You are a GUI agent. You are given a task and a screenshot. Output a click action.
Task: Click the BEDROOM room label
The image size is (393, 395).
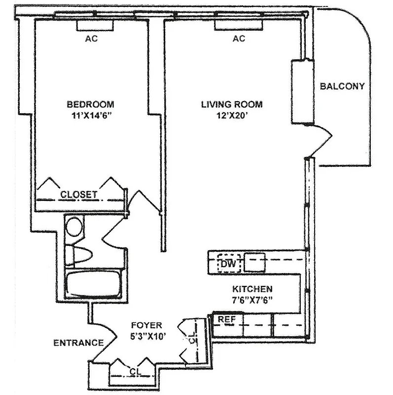[91, 104]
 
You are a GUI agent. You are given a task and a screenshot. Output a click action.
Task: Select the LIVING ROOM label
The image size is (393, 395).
[231, 104]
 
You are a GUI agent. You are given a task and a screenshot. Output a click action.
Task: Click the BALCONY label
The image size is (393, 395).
[342, 86]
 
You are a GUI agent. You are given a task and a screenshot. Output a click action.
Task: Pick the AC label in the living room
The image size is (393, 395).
[239, 39]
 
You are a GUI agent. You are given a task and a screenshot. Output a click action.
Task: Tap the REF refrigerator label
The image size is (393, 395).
[227, 319]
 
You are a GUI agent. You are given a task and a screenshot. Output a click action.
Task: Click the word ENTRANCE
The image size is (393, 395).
[78, 342]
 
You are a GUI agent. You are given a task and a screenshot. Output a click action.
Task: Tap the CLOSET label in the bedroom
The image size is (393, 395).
[79, 195]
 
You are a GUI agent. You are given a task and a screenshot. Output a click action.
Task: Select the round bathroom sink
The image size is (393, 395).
[75, 227]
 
